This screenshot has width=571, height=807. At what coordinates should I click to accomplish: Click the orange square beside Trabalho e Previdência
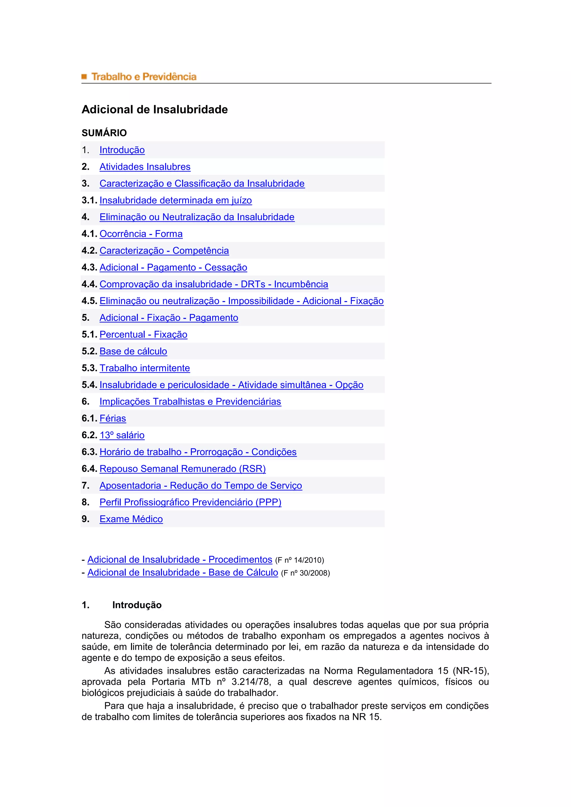tap(84, 76)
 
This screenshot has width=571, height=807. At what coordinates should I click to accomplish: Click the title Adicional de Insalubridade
tap(155, 110)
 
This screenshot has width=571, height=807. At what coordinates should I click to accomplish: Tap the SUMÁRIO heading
tap(104, 133)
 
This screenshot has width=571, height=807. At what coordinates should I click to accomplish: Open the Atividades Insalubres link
tap(145, 167)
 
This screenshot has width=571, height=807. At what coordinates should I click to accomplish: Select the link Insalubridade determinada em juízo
tap(175, 200)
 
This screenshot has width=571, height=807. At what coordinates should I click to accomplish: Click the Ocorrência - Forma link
tap(141, 234)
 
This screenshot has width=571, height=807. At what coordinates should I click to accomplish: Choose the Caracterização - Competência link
tap(164, 251)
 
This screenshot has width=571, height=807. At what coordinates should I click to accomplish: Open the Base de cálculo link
tap(133, 351)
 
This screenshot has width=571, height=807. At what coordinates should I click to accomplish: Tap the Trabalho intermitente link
tap(144, 368)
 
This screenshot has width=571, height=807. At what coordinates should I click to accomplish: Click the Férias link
tap(113, 418)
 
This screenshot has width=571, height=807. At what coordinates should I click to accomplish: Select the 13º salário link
tap(122, 435)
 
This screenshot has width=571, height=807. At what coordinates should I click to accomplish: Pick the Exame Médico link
tap(131, 519)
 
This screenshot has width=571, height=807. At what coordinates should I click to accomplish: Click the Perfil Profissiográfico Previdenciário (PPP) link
tap(190, 502)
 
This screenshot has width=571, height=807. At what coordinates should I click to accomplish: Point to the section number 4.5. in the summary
tap(89, 301)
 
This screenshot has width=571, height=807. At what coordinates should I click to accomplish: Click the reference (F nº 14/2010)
tap(299, 560)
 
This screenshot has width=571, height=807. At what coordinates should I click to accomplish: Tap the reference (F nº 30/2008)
tap(305, 573)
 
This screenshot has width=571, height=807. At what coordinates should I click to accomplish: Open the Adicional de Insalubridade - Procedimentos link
tap(180, 559)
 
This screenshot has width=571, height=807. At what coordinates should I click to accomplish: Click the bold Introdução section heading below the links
tap(137, 605)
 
